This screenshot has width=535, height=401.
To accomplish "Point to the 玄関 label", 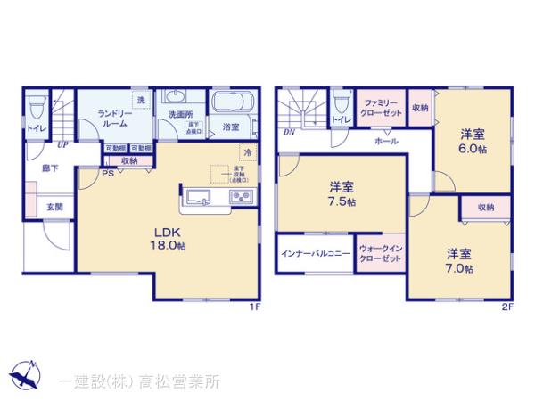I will tap(54, 207).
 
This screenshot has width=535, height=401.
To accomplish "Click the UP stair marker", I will tap(62, 144).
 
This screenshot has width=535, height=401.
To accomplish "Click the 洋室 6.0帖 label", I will tap(473, 140).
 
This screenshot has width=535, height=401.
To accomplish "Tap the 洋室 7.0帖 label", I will tap(459, 260).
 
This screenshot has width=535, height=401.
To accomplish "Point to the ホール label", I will tap(385, 142).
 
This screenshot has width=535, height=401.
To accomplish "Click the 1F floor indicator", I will tap(254, 307).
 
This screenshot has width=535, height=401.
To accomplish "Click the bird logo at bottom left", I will tap(22, 375).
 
